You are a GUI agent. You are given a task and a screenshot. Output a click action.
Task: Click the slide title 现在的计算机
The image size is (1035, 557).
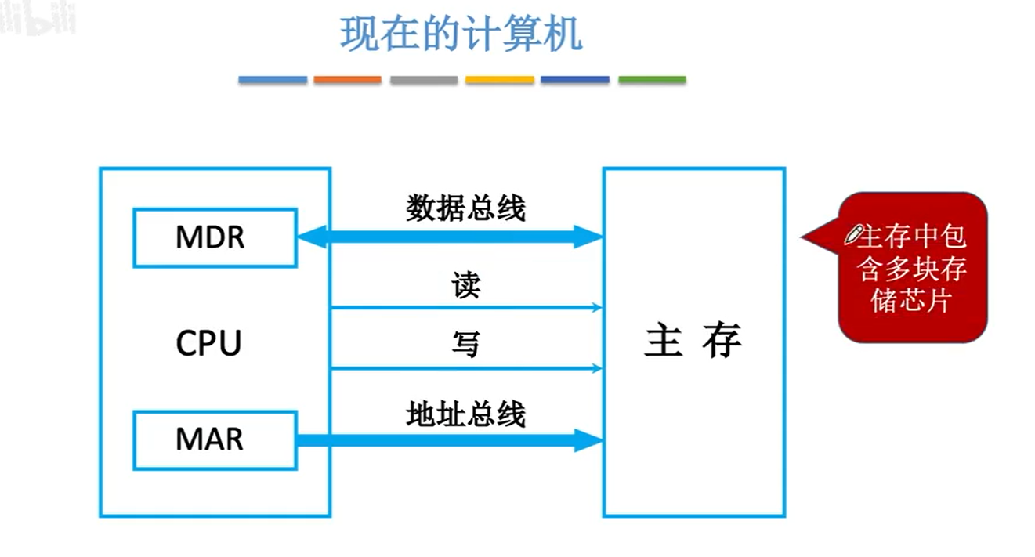(461, 35)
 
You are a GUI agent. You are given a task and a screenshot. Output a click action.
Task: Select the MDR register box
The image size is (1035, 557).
(214, 237)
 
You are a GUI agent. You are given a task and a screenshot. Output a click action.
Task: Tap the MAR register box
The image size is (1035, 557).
(214, 439)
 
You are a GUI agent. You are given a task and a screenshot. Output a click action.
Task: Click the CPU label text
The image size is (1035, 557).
(208, 343)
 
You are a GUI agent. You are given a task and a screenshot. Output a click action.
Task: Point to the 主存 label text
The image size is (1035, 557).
(693, 342)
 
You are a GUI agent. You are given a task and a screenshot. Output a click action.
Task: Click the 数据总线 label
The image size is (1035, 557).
(465, 209)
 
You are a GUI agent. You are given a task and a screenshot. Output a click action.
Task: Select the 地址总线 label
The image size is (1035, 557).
(465, 414)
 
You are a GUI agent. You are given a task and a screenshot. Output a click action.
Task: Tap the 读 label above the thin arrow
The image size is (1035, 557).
(465, 286)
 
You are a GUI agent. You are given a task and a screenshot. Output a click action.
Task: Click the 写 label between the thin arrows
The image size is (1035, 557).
(465, 344)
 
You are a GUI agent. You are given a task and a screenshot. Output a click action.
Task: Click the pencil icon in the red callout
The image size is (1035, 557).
(854, 233)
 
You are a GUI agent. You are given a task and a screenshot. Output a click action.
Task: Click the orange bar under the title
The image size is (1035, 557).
(347, 80)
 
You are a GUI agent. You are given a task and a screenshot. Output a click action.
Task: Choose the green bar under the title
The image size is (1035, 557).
(652, 80)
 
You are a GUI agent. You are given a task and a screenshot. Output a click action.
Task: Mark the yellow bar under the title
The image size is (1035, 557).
(499, 80)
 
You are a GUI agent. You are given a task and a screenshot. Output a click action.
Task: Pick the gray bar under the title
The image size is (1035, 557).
(423, 80)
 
